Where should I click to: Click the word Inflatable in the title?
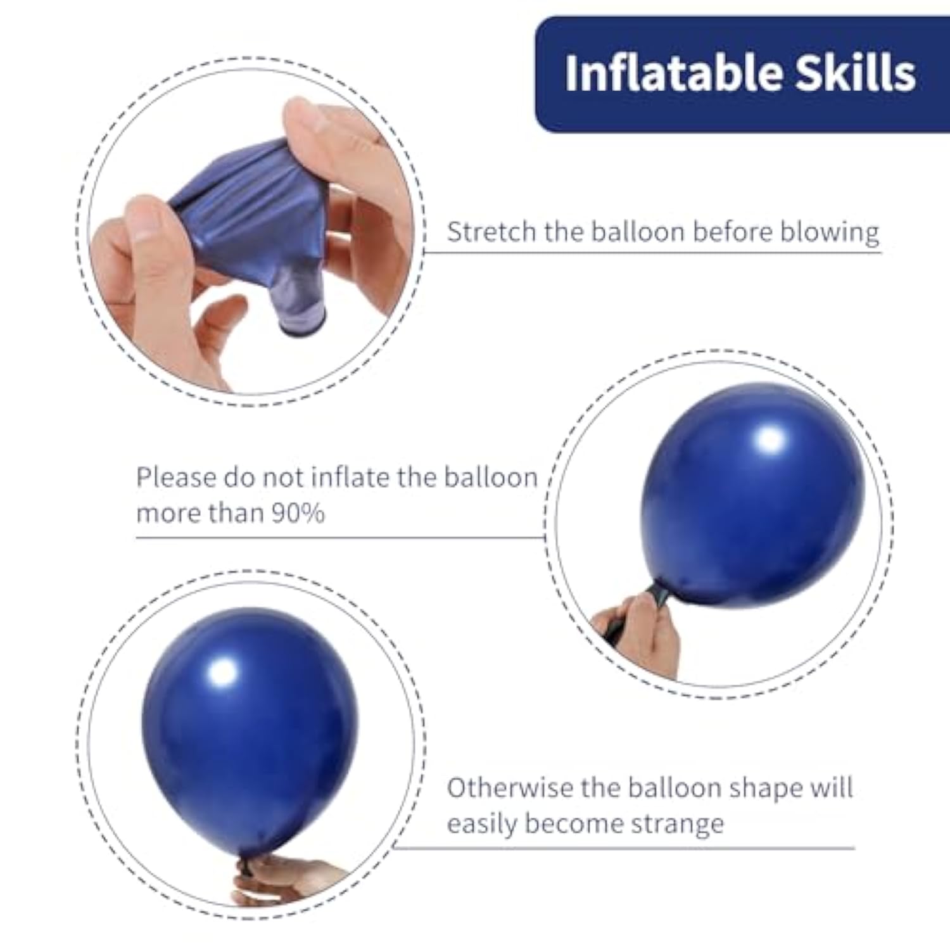click(674, 73)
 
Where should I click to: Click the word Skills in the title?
click(856, 73)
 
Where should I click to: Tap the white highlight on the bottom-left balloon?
click(223, 671)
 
